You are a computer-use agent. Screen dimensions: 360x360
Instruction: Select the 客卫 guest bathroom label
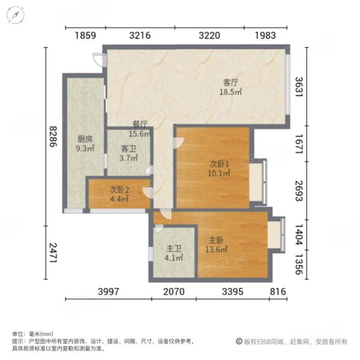128,148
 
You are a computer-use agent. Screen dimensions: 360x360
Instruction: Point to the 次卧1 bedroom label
220,163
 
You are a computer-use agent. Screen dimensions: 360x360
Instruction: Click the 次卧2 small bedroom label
119,190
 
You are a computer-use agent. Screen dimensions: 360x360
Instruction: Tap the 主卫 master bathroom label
173,250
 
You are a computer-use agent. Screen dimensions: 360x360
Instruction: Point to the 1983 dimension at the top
265,36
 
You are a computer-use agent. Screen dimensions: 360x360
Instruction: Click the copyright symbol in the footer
239,341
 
